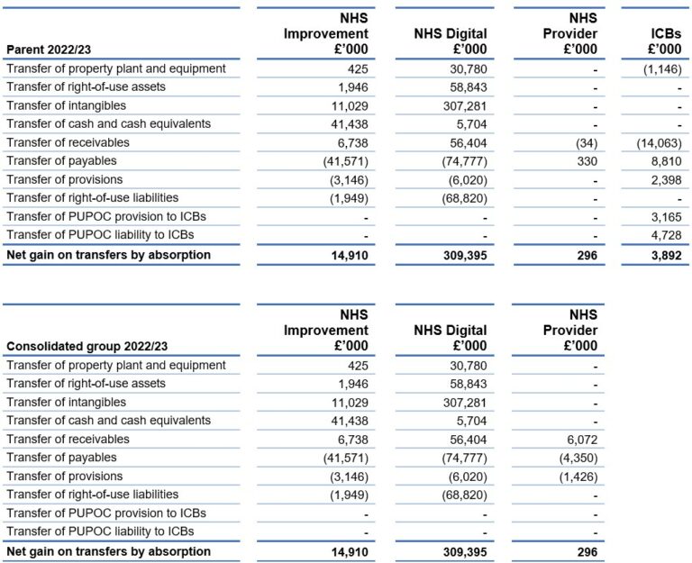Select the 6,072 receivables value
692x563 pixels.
[581, 439]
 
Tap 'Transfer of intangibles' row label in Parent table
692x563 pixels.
[66, 105]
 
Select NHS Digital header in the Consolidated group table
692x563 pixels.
[450, 338]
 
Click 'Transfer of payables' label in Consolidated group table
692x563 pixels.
[61, 457]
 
